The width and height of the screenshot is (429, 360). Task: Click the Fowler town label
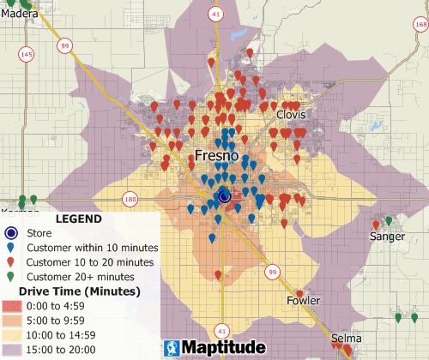[304, 301]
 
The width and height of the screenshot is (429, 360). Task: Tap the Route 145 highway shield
[26, 54]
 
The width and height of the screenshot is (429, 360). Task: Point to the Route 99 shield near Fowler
[272, 273]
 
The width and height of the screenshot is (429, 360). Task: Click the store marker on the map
[224, 195]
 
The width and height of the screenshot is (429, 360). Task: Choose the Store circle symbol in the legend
[12, 232]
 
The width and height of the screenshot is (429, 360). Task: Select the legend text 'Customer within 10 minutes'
[92, 247]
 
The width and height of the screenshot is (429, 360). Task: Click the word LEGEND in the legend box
[79, 219]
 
